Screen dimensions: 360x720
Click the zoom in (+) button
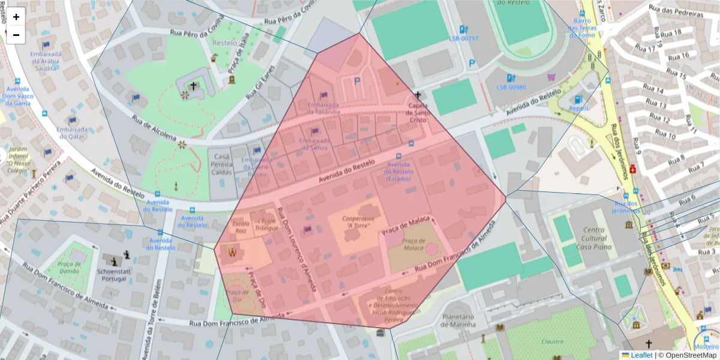(x=16, y=17)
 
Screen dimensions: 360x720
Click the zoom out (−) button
(x=16, y=35)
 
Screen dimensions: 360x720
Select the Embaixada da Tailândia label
(x=323, y=109)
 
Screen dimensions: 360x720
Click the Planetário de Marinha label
(x=459, y=320)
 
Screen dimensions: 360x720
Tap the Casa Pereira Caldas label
(x=221, y=164)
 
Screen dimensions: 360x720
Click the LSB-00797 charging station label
(x=464, y=38)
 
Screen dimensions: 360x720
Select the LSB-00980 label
(x=511, y=87)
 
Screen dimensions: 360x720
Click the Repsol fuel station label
(x=578, y=109)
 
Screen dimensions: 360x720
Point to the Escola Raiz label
(x=241, y=227)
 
